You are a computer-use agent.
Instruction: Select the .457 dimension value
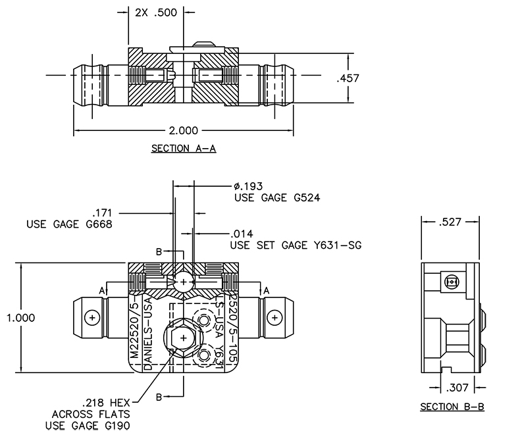coord(347,79)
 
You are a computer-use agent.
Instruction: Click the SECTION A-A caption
coord(184,149)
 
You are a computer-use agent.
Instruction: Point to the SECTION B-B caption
coord(452,407)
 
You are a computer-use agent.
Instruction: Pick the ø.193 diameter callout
coord(248,186)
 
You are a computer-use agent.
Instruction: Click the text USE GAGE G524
coord(276,197)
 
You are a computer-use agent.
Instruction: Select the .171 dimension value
coord(103,213)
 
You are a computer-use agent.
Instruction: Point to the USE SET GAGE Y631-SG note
coord(296,245)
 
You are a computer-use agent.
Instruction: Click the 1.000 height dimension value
coord(20,318)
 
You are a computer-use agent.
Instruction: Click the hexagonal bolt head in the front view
coord(182,338)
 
